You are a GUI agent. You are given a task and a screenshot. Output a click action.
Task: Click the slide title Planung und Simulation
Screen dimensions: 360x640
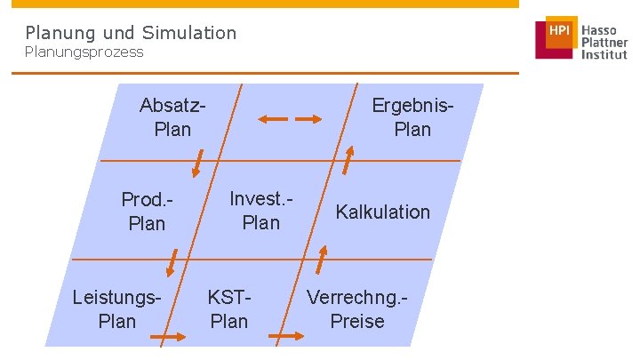pyautogui.click(x=131, y=33)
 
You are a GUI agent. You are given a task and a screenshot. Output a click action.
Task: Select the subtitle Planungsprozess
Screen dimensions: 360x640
pyautogui.click(x=84, y=52)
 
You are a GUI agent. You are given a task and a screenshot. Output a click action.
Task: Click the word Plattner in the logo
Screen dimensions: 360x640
pyautogui.click(x=604, y=42)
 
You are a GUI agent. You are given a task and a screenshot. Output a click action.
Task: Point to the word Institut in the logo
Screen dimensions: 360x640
pyautogui.click(x=604, y=54)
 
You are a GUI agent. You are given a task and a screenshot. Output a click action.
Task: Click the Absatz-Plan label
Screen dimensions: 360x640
pyautogui.click(x=172, y=117)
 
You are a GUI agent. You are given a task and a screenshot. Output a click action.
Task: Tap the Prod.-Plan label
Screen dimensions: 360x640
pyautogui.click(x=147, y=212)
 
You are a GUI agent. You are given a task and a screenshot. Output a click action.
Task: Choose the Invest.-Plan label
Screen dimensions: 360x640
pyautogui.click(x=260, y=211)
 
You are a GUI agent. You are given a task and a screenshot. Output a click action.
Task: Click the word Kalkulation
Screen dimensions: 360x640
pyautogui.click(x=382, y=212)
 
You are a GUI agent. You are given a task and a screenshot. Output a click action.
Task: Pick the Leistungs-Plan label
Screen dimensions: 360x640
pyautogui.click(x=117, y=308)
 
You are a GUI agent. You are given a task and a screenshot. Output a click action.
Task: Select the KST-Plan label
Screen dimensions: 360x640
pyautogui.click(x=228, y=308)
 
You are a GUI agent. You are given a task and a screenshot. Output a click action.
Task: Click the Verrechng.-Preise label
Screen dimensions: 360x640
pyautogui.click(x=357, y=308)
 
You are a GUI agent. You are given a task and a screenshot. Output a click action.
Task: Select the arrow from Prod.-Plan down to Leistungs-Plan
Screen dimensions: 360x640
pyautogui.click(x=171, y=263)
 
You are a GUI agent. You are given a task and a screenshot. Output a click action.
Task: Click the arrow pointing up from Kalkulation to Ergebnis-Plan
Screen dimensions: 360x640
pyautogui.click(x=348, y=162)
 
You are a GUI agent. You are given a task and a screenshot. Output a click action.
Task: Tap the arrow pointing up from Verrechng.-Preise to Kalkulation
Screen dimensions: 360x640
pyautogui.click(x=321, y=260)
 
